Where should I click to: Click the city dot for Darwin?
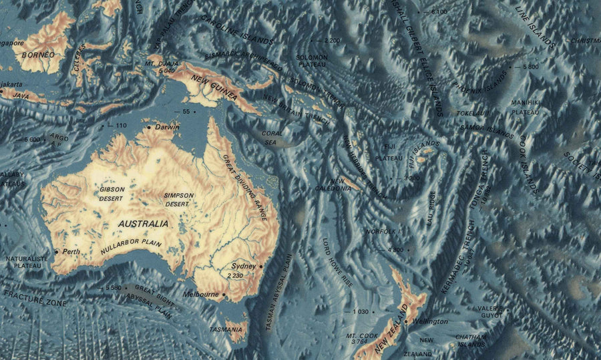[148, 127]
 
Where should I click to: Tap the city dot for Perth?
[56, 252]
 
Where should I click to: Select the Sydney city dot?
[261, 266]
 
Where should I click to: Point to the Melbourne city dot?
[224, 295]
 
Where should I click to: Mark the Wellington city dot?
[405, 321]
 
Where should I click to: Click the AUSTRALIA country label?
[143, 224]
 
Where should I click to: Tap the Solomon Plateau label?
[313, 61]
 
